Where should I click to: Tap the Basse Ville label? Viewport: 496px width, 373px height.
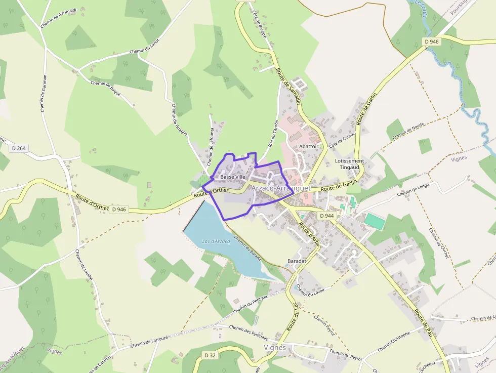point(233,177)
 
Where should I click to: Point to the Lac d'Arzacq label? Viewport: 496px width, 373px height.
point(216,241)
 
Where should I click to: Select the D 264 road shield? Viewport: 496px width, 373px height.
point(18,148)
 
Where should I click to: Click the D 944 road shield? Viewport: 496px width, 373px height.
point(327,216)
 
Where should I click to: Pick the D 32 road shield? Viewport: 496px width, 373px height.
point(211,355)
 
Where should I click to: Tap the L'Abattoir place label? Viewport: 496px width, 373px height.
point(307,146)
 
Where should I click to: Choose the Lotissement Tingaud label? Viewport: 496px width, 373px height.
point(349,164)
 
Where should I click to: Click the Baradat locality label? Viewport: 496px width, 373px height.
point(297,261)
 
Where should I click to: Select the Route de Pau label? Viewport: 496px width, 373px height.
point(424,324)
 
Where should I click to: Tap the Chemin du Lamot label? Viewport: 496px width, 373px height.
point(144,46)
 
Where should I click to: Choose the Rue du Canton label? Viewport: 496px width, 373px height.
point(274,135)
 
